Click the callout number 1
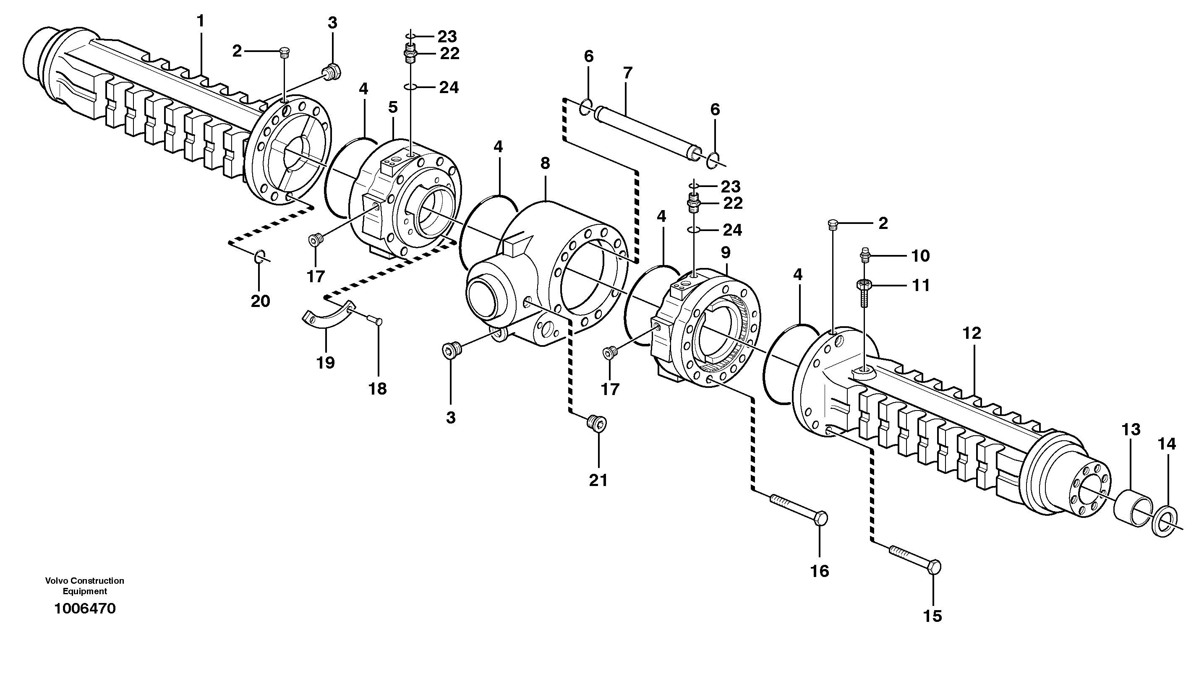(200, 21)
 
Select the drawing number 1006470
(85, 608)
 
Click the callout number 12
(972, 333)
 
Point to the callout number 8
(545, 163)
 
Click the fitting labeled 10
(865, 255)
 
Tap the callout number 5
(393, 107)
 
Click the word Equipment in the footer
(85, 591)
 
